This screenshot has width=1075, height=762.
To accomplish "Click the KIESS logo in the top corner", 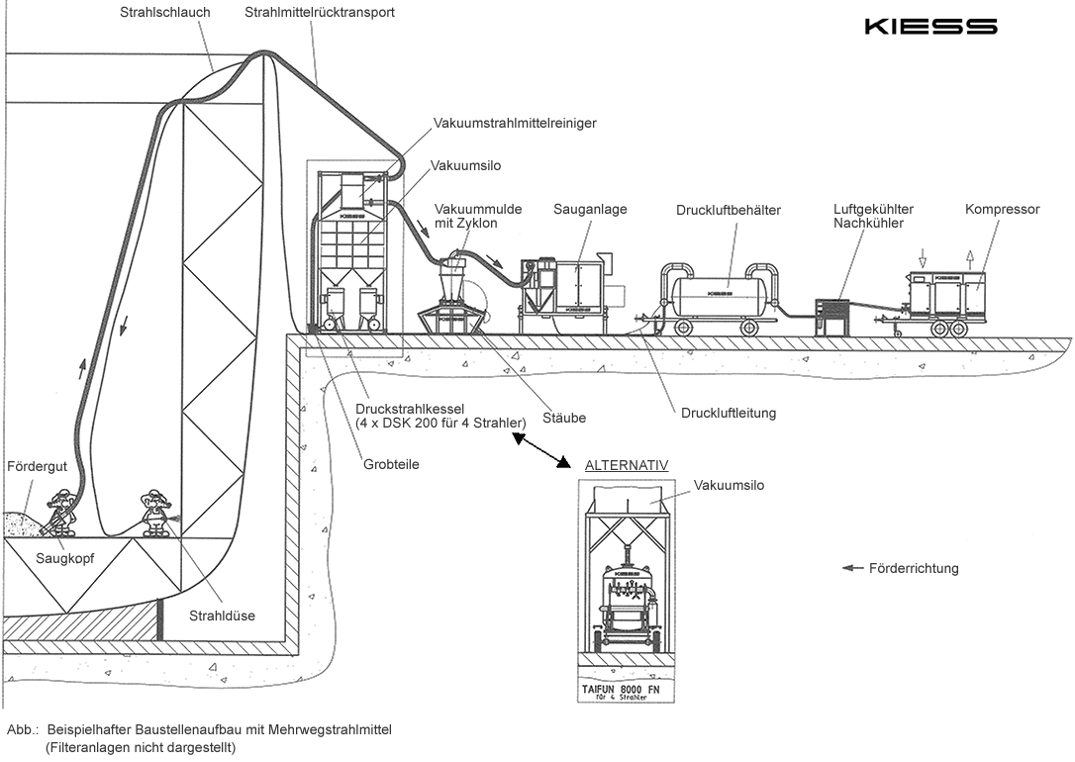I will pyautogui.click(x=929, y=27).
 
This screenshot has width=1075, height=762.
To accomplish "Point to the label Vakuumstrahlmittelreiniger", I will pyautogui.click(x=515, y=124).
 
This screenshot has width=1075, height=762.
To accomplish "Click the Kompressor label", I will pyautogui.click(x=1002, y=210).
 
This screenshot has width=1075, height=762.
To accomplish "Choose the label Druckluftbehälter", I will pyautogui.click(x=729, y=210).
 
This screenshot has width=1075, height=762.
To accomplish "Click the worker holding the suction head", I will pyautogui.click(x=61, y=509).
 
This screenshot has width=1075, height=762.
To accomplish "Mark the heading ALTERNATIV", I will pyautogui.click(x=627, y=464).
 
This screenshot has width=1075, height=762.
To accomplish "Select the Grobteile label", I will pyautogui.click(x=392, y=463).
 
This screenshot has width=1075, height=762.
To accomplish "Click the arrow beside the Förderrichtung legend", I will pyautogui.click(x=851, y=568).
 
